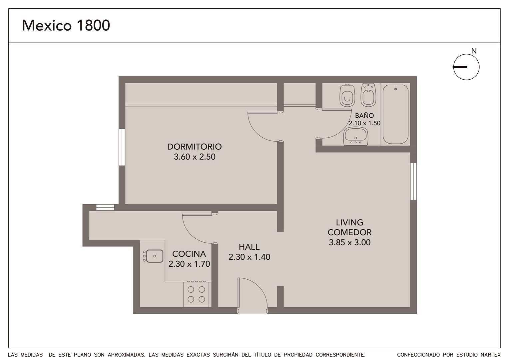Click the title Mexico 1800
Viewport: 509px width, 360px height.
point(66,25)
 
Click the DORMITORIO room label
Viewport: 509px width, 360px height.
point(195,147)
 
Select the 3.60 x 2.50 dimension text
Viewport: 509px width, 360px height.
point(195,157)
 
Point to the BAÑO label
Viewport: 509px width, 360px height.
point(364,115)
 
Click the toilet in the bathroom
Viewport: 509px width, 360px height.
point(347,95)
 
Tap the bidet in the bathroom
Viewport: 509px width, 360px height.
point(368,95)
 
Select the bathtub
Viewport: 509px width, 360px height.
point(395,114)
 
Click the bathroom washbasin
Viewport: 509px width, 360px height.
point(356,136)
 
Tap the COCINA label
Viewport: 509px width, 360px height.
point(189,254)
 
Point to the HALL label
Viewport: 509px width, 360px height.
point(249,247)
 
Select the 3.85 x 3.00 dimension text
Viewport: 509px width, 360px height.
point(350,242)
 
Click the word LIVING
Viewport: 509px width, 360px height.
point(350,222)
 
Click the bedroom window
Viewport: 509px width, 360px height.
point(122,147)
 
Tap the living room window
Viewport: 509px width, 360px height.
point(414,181)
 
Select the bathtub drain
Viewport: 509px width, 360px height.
point(396,89)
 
